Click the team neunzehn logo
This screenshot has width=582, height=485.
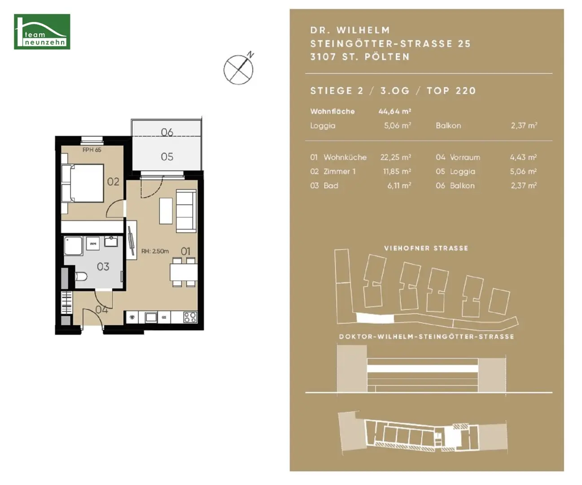[x=42, y=32]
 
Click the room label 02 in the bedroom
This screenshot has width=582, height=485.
[x=113, y=182]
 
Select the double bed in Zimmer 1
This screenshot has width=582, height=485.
[x=83, y=183]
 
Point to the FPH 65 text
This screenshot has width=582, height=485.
[x=92, y=150]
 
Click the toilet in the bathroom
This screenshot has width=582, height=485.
[x=81, y=277]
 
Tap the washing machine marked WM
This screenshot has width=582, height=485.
[x=93, y=243]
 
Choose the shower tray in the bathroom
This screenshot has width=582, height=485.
[x=73, y=246]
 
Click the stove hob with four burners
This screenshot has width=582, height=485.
[x=190, y=317]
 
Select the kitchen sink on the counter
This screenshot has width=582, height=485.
[x=151, y=317]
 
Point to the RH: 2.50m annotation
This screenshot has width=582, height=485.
[x=155, y=251]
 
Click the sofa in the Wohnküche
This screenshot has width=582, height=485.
[x=186, y=211]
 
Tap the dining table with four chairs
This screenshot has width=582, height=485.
[x=184, y=272]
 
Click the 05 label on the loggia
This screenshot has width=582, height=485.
[x=167, y=157]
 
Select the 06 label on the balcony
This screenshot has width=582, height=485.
[x=167, y=132]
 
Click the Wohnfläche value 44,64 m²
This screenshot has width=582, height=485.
[x=395, y=111]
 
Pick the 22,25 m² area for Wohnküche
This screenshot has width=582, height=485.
[x=396, y=157]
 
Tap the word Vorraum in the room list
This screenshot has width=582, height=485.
[x=465, y=157]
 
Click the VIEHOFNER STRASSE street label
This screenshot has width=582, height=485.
[x=426, y=248]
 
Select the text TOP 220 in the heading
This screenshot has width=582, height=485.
[x=451, y=91]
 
